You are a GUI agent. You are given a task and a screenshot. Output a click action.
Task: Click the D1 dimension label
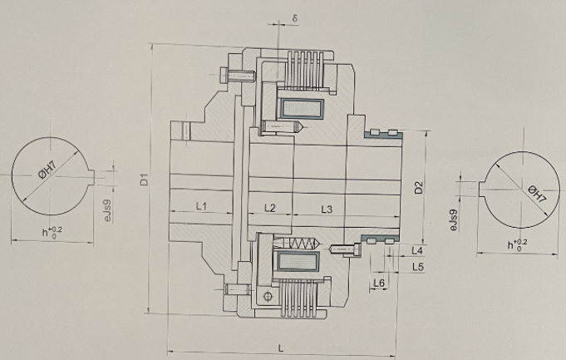pos(145,180)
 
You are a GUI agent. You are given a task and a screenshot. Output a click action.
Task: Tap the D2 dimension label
pos(418,187)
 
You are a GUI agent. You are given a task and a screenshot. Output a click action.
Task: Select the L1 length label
pos(201,206)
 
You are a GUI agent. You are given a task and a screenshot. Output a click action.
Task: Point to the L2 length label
pos(269,208)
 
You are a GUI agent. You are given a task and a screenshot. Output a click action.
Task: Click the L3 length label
pos(327,209)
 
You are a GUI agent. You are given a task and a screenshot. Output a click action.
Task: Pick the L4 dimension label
pos(417,250)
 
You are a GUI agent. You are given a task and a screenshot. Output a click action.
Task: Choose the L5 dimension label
pos(417,267)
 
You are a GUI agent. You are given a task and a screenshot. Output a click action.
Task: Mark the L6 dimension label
pos(379,283)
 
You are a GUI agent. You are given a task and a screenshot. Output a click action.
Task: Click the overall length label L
pos(281,348)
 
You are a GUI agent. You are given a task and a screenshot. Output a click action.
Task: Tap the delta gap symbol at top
pos(295,18)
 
